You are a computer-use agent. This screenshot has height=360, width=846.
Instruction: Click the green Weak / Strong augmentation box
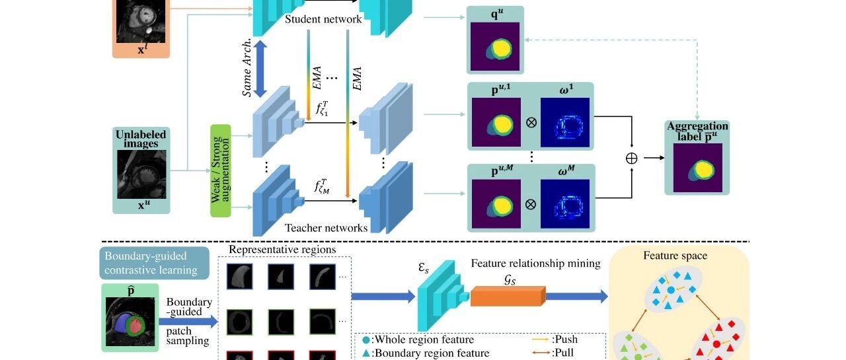coord(221,170)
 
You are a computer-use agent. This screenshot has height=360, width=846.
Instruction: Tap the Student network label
coord(323,19)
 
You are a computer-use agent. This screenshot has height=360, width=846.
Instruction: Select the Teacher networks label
coord(326,227)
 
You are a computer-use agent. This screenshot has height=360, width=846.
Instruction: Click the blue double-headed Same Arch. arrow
coord(260,69)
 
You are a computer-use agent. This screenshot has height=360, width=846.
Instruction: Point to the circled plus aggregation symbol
coord(631,158)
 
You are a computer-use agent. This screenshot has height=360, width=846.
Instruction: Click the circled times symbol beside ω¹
coord(531,122)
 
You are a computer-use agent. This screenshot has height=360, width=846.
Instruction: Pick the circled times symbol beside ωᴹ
coord(531,204)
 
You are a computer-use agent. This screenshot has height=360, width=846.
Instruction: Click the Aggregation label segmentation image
coord(697,168)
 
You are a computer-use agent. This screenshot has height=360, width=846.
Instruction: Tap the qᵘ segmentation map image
coord(495,46)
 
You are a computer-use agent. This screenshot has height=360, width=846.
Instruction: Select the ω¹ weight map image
coord(565,122)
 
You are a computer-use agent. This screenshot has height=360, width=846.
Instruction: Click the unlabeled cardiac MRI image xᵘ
coord(141,174)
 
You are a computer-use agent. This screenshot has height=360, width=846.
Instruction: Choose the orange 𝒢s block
coord(508,296)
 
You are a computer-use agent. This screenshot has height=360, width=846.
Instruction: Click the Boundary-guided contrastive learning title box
coord(154,263)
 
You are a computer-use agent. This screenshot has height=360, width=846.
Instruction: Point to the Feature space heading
coord(675,256)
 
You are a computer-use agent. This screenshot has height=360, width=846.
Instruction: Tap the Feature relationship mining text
coord(535,264)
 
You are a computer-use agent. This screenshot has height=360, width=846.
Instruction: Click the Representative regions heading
coord(282,250)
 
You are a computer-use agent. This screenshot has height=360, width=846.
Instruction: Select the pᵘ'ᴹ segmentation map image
coord(496,203)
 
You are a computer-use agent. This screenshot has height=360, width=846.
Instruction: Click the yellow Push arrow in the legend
coord(540,340)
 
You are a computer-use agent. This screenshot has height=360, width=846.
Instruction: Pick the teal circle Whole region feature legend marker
coord(365,340)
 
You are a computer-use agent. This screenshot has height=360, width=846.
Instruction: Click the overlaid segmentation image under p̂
coord(130,322)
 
